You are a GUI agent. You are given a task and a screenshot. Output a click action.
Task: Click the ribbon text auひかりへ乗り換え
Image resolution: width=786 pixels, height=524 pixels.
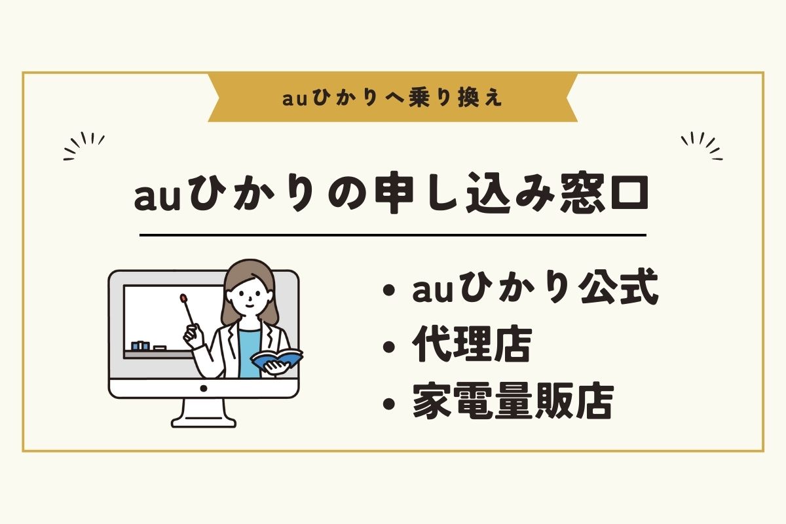tap(392, 98)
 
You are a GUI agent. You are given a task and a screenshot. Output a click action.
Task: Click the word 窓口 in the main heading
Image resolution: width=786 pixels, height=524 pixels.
tap(604, 193)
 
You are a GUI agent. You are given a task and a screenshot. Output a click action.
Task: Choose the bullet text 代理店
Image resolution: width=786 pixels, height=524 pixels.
tap(472, 345)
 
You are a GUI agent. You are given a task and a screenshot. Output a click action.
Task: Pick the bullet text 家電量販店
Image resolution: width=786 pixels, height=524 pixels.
tap(513, 401)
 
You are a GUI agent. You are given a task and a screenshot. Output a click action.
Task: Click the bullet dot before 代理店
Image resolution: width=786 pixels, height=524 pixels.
tap(389, 346)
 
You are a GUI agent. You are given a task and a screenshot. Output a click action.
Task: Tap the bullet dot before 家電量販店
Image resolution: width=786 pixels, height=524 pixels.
tap(389, 403)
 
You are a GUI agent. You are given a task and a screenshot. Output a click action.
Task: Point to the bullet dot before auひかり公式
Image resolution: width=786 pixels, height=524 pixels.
tap(389, 291)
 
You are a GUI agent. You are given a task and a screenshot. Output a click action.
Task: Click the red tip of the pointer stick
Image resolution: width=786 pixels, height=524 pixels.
tap(183, 298)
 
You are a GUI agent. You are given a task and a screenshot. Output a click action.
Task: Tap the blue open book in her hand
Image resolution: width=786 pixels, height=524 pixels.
tap(277, 358)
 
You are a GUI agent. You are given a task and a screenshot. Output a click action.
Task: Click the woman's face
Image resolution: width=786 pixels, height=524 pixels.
tap(250, 297)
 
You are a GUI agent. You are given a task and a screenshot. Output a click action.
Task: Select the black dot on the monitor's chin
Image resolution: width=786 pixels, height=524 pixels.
tap(204, 388)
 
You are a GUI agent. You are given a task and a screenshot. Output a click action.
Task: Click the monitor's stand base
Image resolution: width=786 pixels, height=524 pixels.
tap(204, 421)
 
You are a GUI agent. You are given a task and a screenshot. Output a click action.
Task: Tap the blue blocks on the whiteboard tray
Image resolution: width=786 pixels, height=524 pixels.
tap(140, 346)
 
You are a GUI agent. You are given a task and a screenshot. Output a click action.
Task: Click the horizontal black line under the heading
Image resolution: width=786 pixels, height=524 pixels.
tap(392, 235)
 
